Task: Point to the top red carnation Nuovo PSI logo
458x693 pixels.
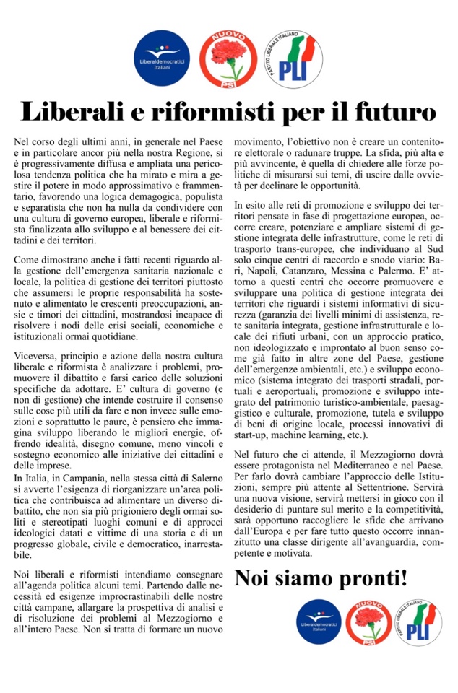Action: (x=227, y=58)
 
